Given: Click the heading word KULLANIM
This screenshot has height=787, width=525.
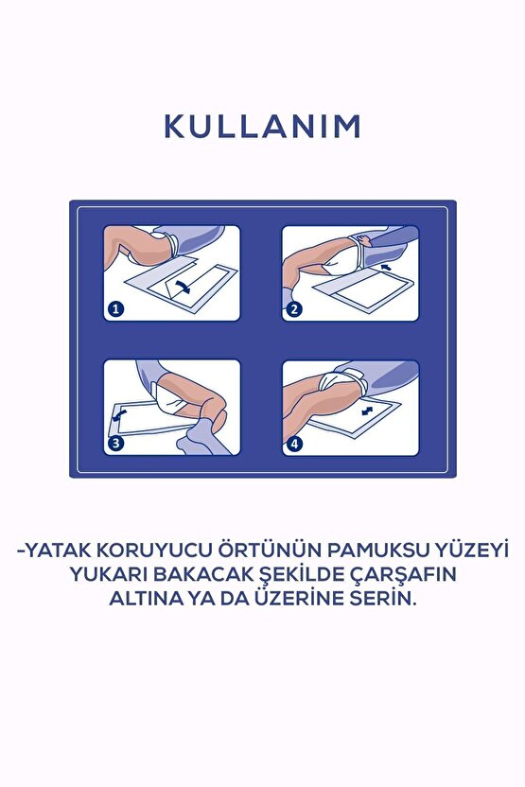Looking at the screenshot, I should click(262, 127).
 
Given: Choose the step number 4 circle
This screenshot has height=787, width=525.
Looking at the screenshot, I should click(296, 442).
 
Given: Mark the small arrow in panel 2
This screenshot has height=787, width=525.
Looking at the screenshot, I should click(385, 270).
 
